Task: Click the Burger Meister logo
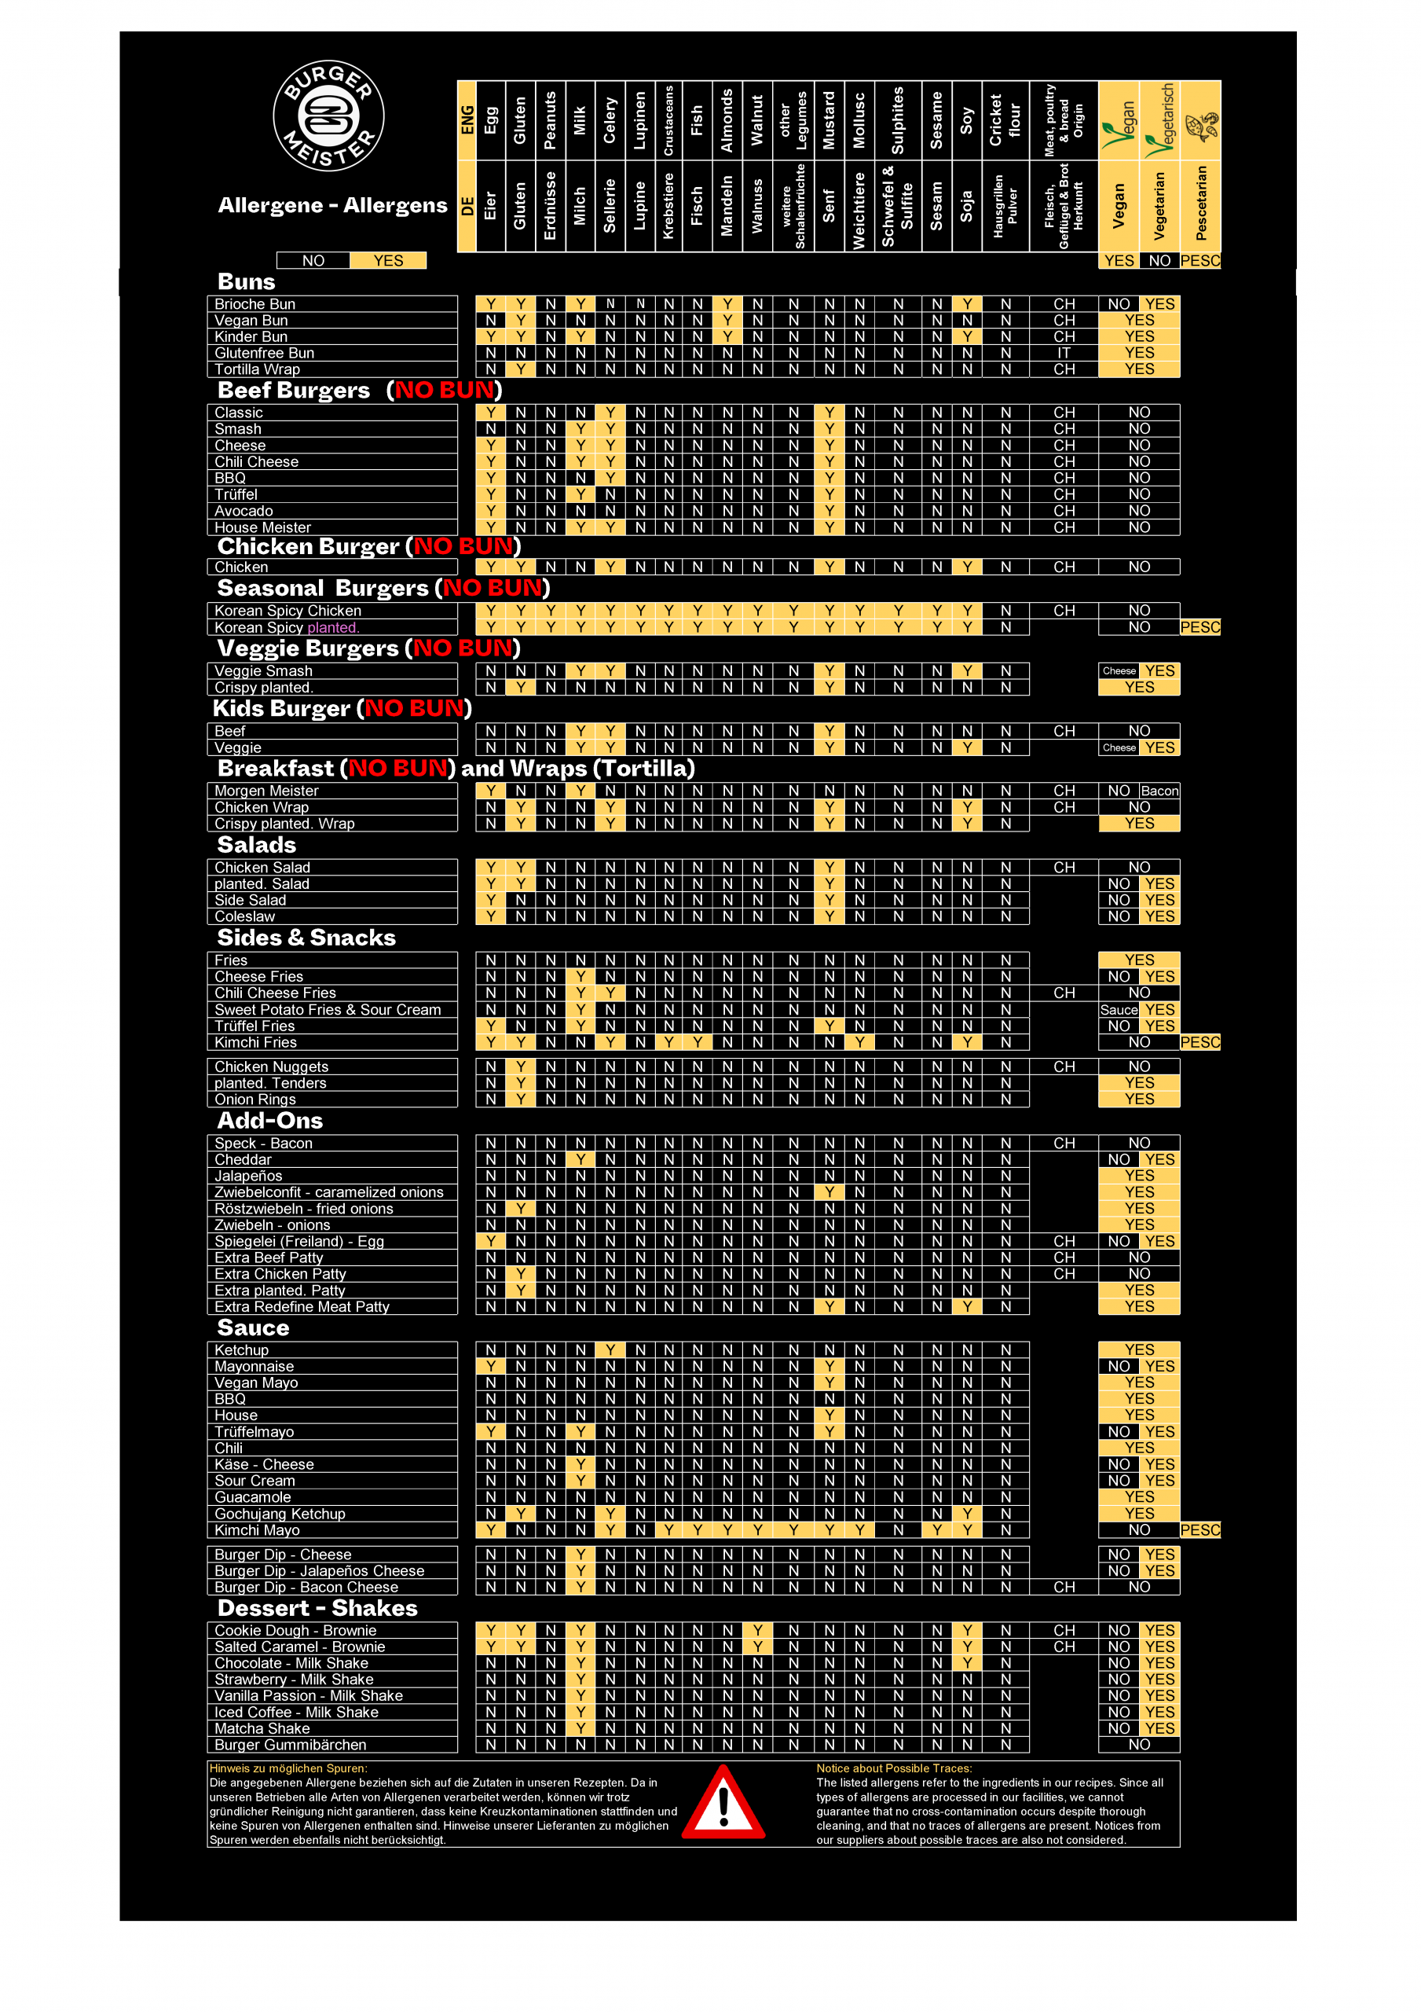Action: coord(328,116)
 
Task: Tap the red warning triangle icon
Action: coord(723,1803)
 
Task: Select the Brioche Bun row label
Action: coord(255,304)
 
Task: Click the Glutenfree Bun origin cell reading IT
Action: coord(1064,353)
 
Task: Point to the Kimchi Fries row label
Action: coord(256,1043)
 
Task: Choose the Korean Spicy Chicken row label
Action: coord(288,611)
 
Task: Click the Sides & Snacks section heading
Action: coord(306,938)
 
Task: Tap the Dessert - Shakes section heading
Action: coord(317,1608)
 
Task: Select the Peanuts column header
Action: coord(550,120)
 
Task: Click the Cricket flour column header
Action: coord(1005,120)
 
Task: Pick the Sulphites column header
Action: coord(898,120)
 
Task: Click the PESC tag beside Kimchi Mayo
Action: coord(1199,1530)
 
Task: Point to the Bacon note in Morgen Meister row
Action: coord(1159,791)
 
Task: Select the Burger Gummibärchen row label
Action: coord(291,1745)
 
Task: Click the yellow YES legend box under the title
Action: coord(388,261)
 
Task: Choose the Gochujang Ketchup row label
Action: coord(280,1515)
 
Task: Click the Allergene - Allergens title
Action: coord(332,205)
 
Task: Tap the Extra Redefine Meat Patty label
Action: coord(302,1306)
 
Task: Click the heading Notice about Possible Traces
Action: coord(894,1768)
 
